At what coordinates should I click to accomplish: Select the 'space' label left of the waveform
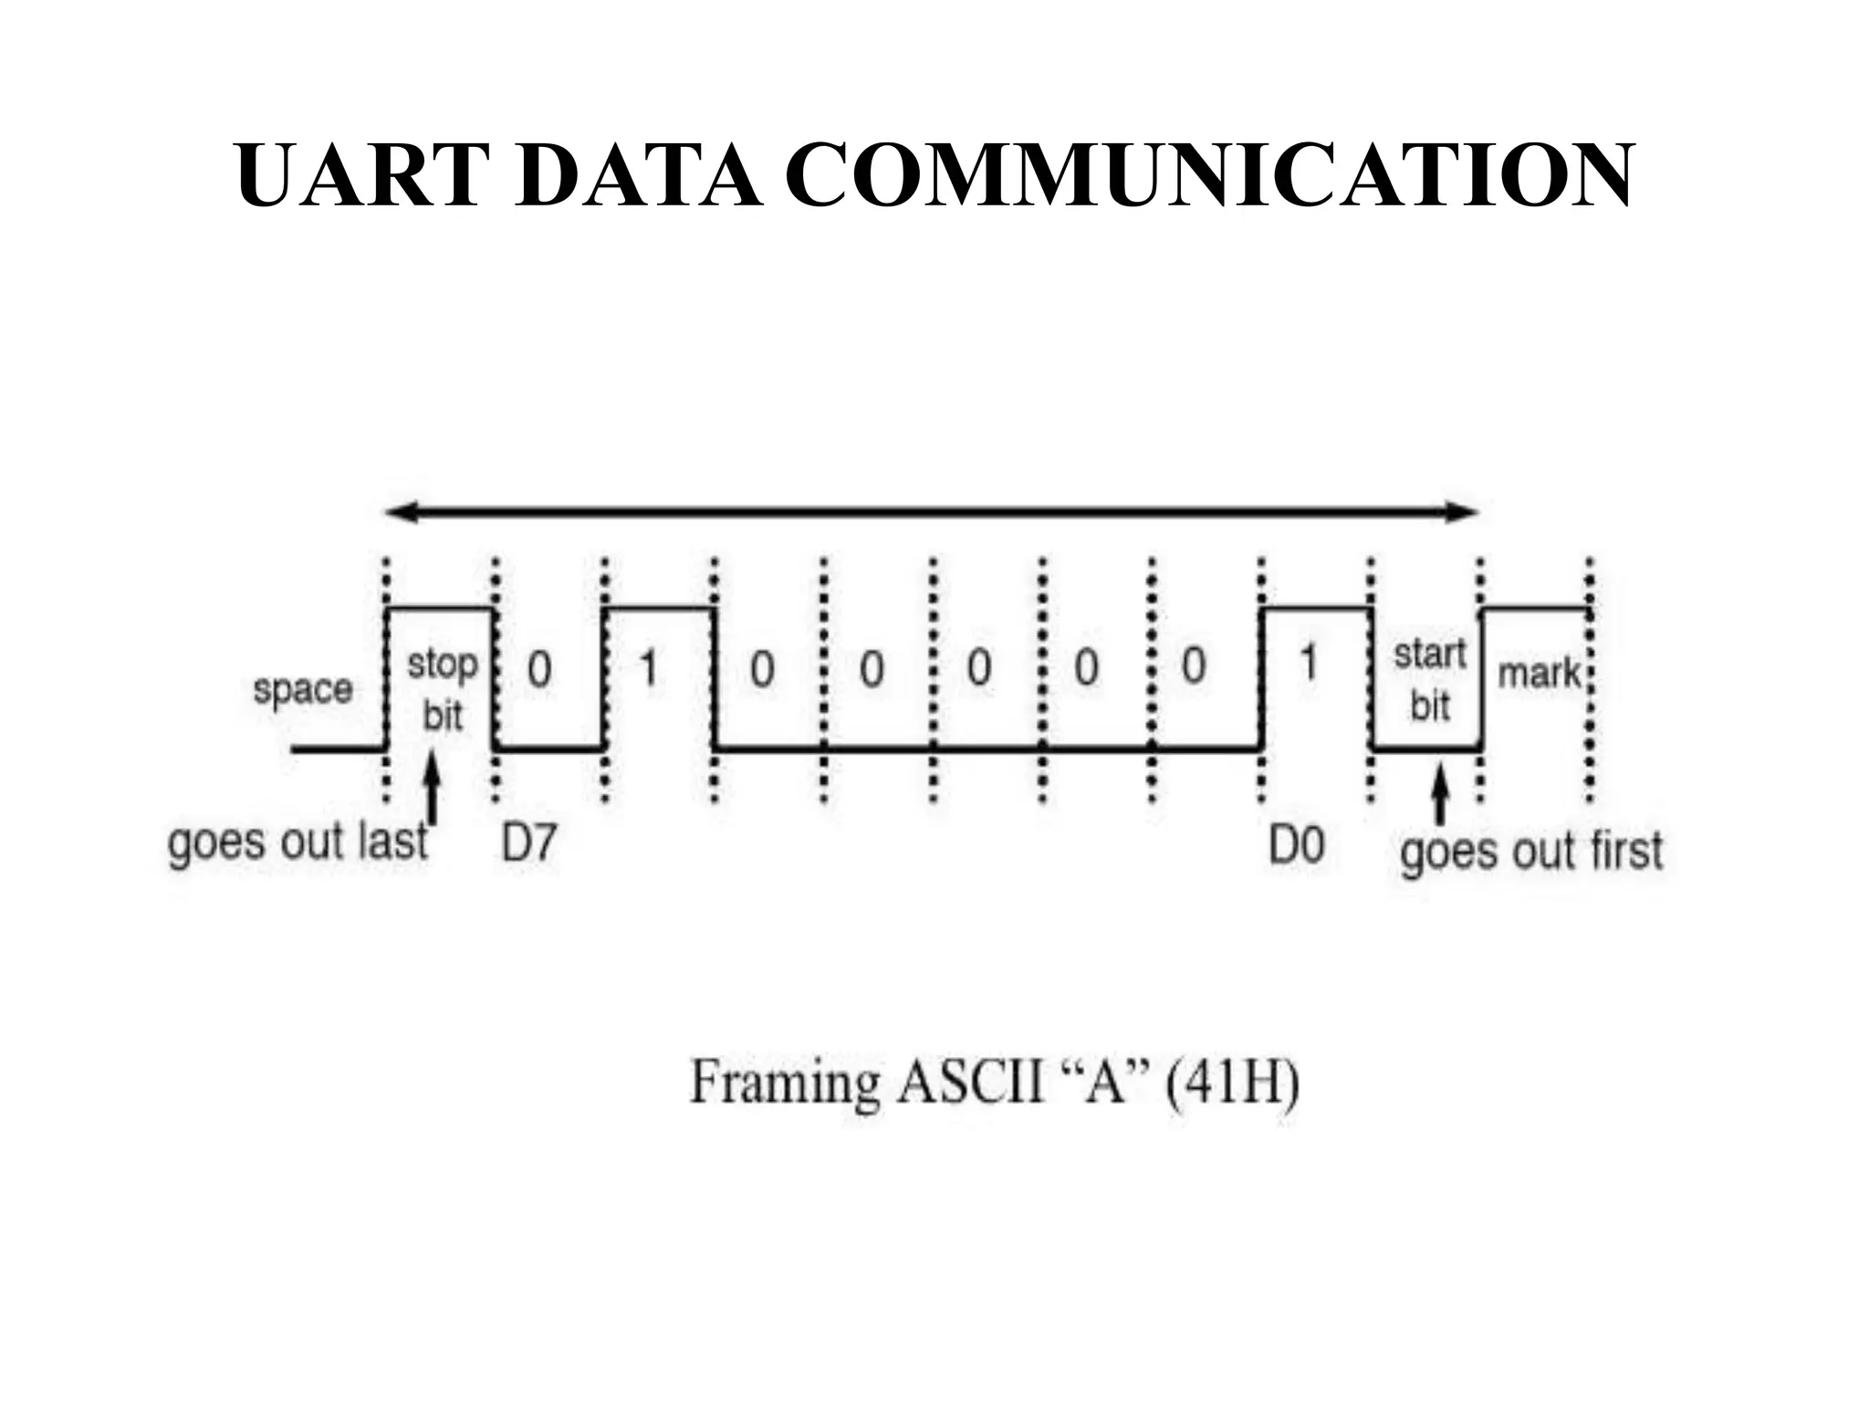302,689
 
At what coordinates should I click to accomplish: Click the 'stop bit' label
443,690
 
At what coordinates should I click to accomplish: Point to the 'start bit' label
1429,680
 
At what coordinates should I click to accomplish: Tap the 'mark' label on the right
1539,675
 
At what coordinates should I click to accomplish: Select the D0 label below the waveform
1296,845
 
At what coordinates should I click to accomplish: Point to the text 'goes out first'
1531,852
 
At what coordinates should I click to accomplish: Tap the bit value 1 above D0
1309,664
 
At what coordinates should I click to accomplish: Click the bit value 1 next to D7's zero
648,667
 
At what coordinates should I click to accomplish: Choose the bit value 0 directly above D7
539,669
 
